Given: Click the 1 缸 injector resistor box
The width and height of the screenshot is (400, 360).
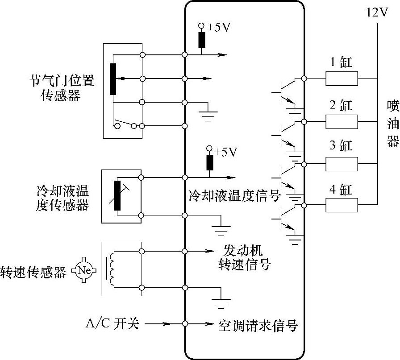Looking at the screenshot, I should coord(342,79).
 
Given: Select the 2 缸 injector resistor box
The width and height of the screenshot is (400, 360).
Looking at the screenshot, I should coord(342,121).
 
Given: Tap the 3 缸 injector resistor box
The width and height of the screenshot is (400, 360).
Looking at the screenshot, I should coord(342,164).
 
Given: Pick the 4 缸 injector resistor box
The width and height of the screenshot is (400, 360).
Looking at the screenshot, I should coord(342,205).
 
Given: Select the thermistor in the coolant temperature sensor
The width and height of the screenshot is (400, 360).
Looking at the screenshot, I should coord(117,195).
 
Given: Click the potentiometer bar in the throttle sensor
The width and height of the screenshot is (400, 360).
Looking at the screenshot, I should coord(113,79).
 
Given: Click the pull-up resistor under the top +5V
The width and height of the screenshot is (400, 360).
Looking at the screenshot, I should coord(201,40).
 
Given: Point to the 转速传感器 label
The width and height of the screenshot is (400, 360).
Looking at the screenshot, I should coord(33,271).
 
